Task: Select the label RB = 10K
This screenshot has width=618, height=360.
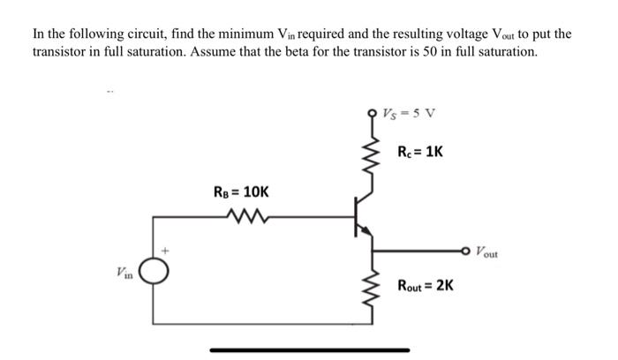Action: coord(241,191)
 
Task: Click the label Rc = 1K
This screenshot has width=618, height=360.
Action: coord(420,151)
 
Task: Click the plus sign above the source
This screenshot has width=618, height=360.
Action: coord(163,250)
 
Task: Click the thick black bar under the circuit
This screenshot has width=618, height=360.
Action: coord(308,349)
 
